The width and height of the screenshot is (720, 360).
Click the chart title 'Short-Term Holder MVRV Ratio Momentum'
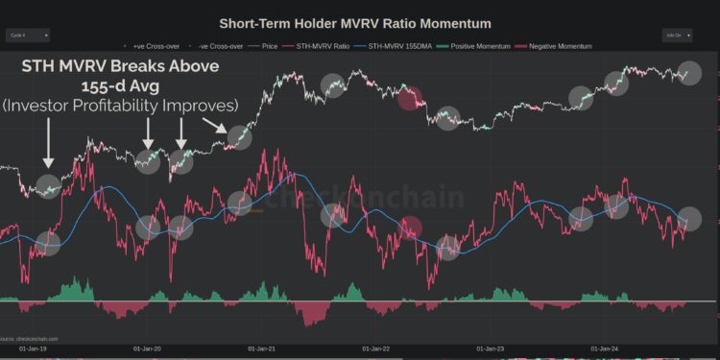pos(354,23)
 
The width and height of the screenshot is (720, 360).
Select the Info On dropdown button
pos(677,36)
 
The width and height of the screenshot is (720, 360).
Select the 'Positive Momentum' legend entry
pos(471,46)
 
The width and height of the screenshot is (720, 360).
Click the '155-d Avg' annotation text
pos(121,84)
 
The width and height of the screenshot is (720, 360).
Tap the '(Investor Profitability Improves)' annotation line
pos(121,104)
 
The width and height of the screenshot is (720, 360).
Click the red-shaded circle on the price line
pos(410,97)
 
